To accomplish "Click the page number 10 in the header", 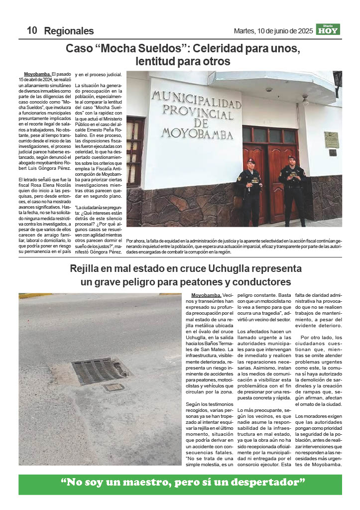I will coord(32,30).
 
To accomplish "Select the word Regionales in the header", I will coord(69,31).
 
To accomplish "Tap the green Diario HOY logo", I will coord(328,29).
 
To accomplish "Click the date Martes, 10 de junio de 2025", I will coord(273,31).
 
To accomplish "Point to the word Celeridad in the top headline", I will coord(222,49).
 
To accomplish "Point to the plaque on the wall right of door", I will coord(331,139).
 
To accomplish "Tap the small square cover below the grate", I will coord(114,387).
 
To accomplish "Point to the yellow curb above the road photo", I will coord(35,295).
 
